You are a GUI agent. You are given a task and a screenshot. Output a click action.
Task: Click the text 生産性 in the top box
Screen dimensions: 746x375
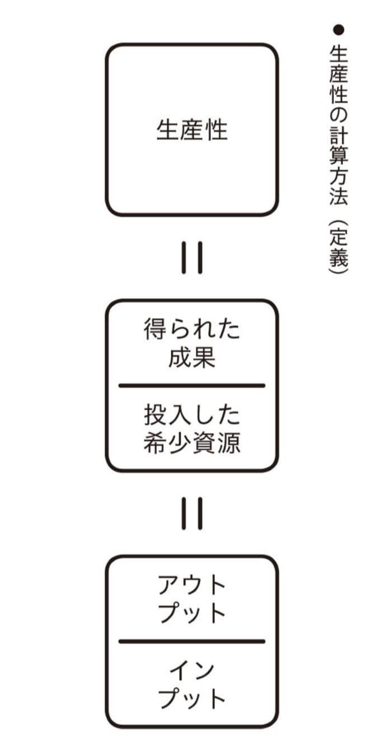pos(192,130)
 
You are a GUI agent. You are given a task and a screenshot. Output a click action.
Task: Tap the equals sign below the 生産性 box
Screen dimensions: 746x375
pos(192,257)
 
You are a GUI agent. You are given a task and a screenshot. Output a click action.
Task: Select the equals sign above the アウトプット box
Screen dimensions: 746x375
pos(192,513)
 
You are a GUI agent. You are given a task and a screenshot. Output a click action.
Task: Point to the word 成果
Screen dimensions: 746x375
pos(192,358)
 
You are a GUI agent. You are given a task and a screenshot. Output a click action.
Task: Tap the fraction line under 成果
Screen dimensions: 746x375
pos(192,385)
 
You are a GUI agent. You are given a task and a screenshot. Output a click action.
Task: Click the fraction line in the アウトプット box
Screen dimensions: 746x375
pos(192,641)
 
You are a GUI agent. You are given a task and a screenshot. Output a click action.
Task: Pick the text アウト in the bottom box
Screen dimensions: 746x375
pos(192,586)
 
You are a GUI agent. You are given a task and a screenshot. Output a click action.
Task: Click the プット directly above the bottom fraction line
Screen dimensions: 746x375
pos(192,614)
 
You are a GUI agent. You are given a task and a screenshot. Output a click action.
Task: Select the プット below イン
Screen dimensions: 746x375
pos(192,699)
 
